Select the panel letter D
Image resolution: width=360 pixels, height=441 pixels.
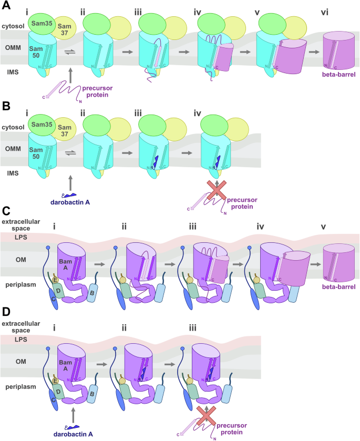click(x=6, y=312)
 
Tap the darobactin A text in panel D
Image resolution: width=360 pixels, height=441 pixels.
click(x=70, y=434)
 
